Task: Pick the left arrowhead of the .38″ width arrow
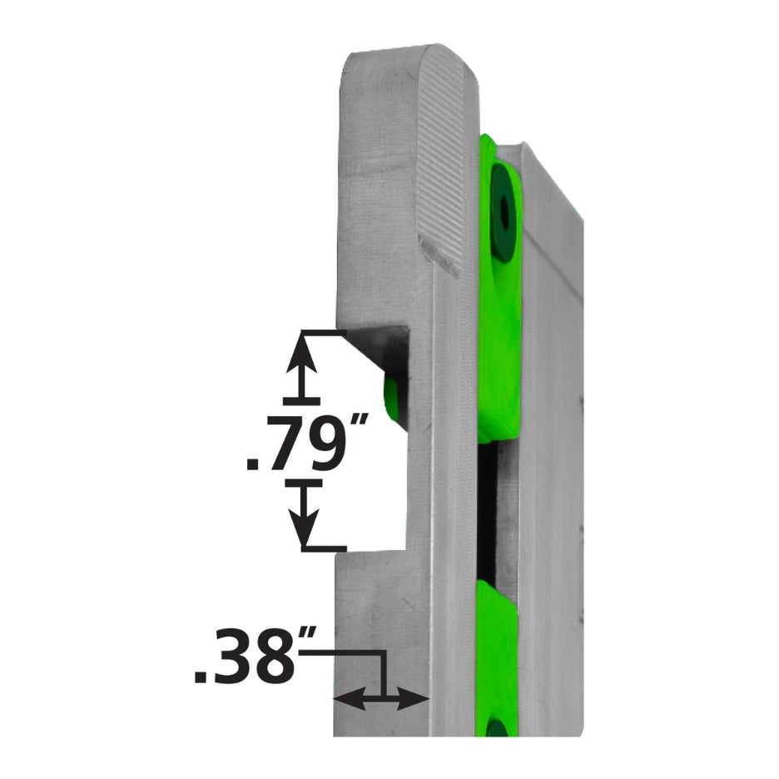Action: tap(345, 700)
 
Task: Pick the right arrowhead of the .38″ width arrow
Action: tap(417, 700)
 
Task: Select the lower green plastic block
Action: tap(497, 657)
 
